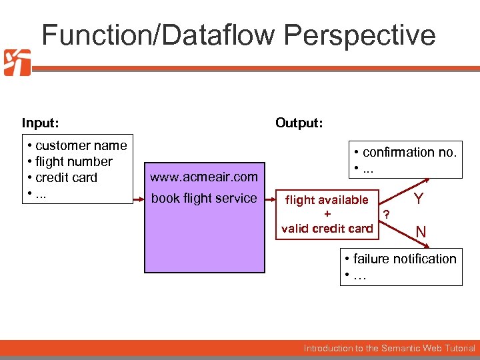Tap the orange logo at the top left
pyautogui.click(x=17, y=63)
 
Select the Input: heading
pyautogui.click(x=40, y=123)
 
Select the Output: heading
pyautogui.click(x=299, y=123)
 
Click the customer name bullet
pyautogui.click(x=77, y=145)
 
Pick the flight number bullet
pyautogui.click(x=70, y=161)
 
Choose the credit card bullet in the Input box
pyautogui.click(x=62, y=177)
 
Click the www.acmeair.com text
pyautogui.click(x=203, y=177)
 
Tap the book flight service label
pyautogui.click(x=203, y=198)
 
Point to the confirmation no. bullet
pyautogui.click(x=405, y=152)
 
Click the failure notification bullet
pyautogui.click(x=400, y=259)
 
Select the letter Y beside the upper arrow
pyautogui.click(x=419, y=199)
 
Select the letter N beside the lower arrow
pyautogui.click(x=421, y=232)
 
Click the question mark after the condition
pyautogui.click(x=385, y=214)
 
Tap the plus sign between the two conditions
pyautogui.click(x=327, y=214)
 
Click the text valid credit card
pyautogui.click(x=327, y=229)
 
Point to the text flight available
pyautogui.click(x=327, y=200)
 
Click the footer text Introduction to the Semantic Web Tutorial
pyautogui.click(x=389, y=348)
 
